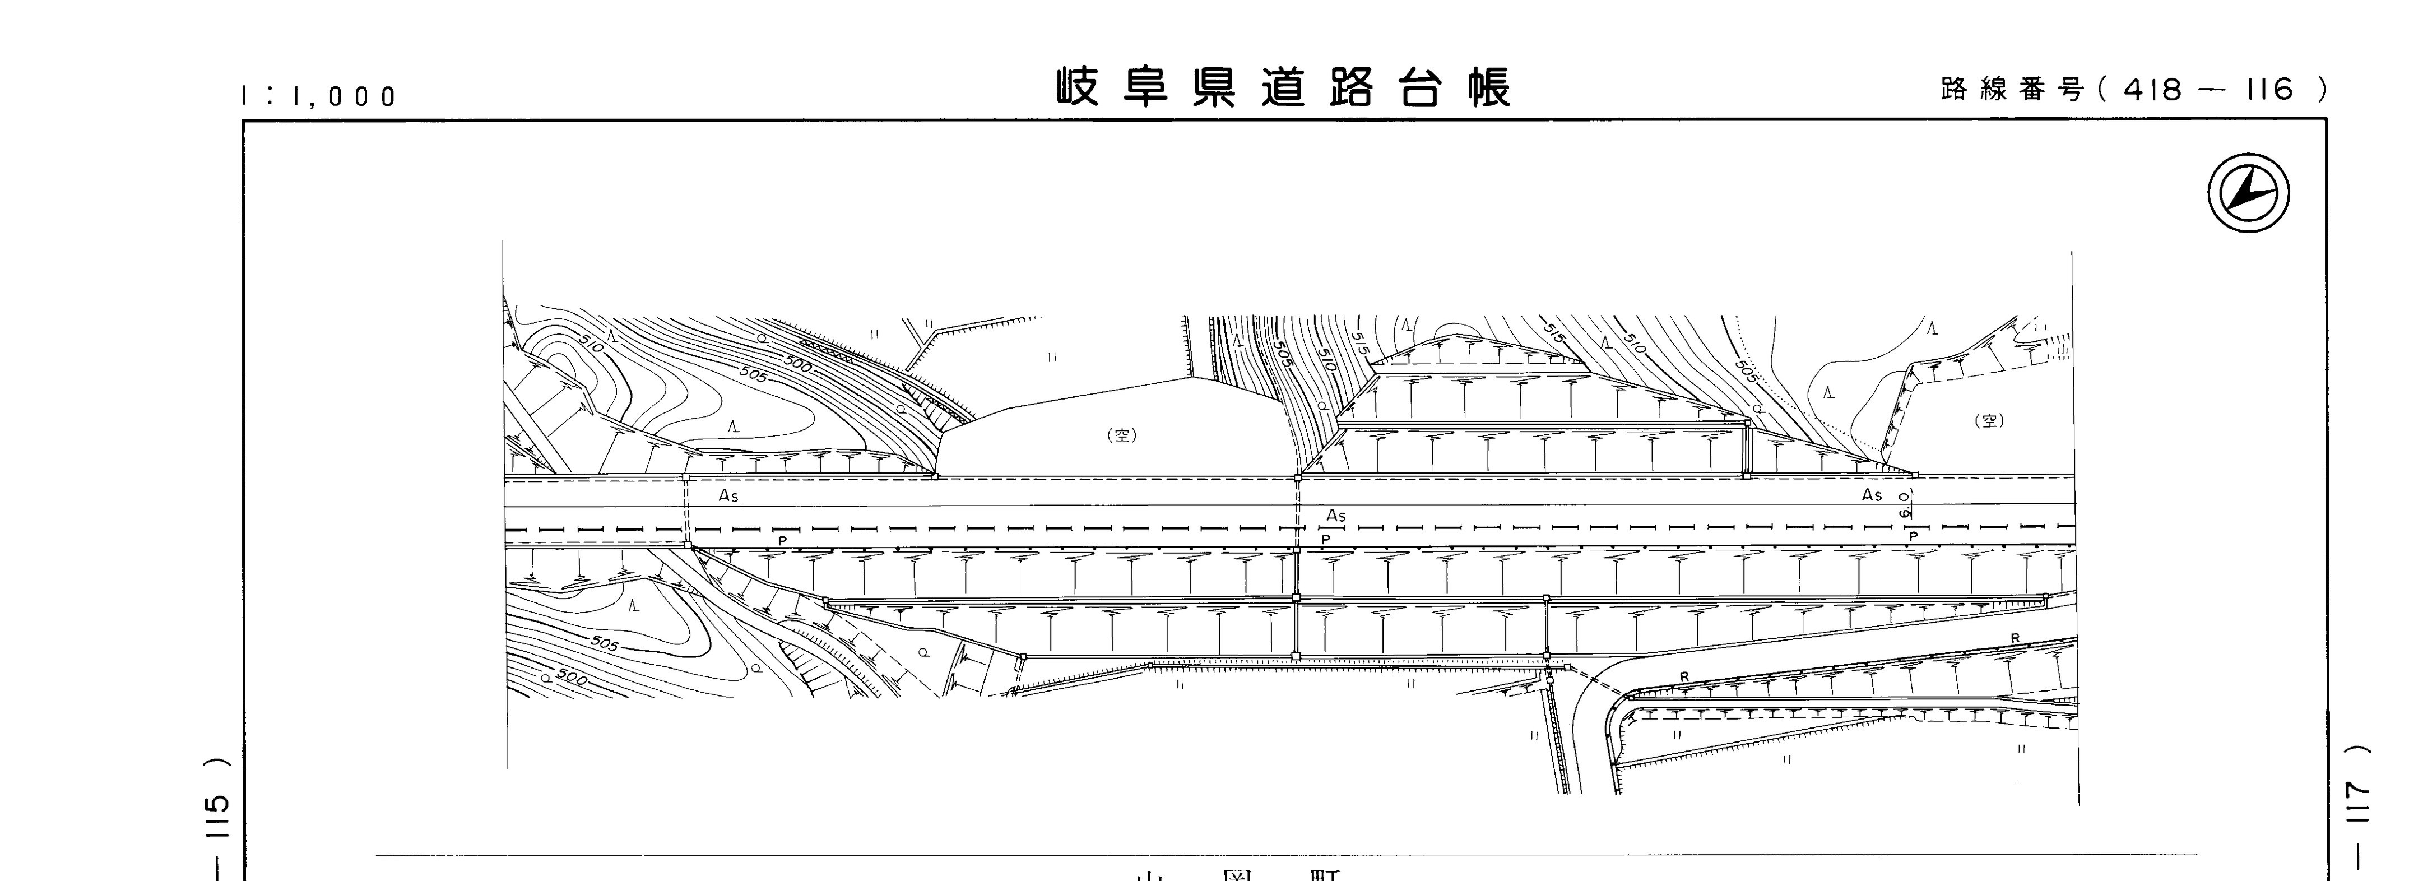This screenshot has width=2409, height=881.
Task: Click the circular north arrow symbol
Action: click(2248, 193)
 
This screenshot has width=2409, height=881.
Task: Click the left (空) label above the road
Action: click(1121, 435)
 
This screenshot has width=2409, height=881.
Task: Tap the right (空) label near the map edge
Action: click(1989, 421)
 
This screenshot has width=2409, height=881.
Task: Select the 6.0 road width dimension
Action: click(1904, 506)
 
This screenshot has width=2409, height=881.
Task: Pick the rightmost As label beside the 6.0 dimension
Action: click(1871, 495)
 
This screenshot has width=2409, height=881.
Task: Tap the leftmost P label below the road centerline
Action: click(782, 541)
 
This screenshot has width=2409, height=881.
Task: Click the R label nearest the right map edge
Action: click(2015, 638)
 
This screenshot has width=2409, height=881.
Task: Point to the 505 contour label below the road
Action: click(605, 644)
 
